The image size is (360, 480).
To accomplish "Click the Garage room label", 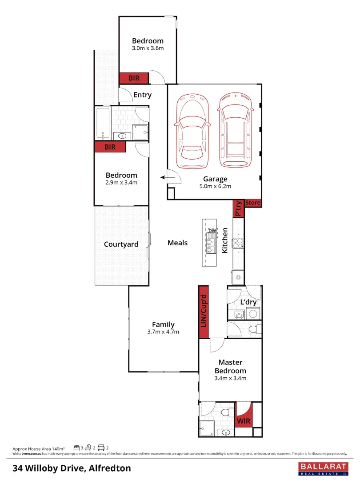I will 215,179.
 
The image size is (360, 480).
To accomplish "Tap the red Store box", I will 252,203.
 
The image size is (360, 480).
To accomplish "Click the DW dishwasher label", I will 212,231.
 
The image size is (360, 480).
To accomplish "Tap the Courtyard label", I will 121,244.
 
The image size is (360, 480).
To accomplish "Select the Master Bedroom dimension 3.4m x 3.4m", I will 230,378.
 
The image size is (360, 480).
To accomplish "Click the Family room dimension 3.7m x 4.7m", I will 163,332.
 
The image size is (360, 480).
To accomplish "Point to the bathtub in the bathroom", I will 103,123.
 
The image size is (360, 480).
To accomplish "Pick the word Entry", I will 142,95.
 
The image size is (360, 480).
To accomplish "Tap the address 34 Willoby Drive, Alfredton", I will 72,468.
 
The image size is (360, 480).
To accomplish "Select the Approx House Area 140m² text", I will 39,448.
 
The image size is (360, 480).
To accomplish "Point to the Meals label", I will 177,243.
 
